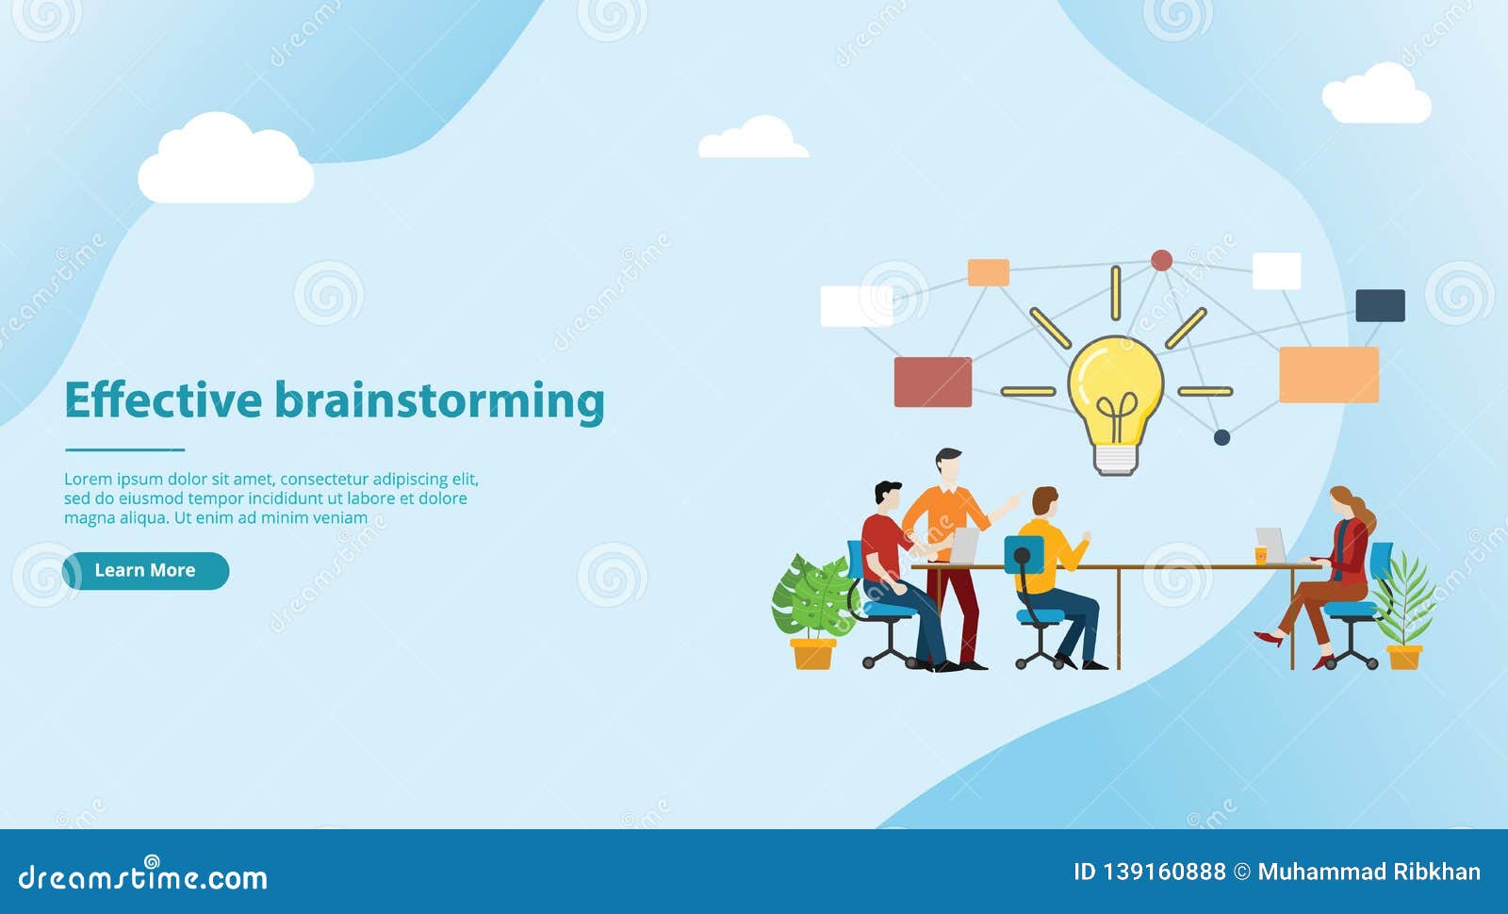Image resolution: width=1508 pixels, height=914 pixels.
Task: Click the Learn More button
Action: [145, 571]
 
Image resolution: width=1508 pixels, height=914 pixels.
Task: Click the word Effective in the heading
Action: [163, 400]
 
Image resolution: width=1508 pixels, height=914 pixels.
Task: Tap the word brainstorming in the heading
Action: [439, 401]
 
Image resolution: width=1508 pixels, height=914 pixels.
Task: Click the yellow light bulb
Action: [1116, 396]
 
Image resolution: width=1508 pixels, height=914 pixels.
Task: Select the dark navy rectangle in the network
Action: [1380, 305]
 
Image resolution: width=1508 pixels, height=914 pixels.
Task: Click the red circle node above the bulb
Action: [1161, 260]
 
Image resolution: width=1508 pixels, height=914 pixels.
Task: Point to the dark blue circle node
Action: [1221, 437]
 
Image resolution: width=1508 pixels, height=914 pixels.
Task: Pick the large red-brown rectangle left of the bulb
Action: [932, 382]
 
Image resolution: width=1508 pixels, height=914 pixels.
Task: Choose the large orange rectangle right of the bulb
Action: [1328, 374]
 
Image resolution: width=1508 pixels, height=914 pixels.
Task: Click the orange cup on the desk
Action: [1260, 555]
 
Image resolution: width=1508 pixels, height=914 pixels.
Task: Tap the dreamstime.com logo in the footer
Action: [143, 876]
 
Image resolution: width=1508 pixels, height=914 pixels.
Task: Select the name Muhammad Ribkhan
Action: [1369, 872]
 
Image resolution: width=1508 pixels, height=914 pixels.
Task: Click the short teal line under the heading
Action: [124, 449]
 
